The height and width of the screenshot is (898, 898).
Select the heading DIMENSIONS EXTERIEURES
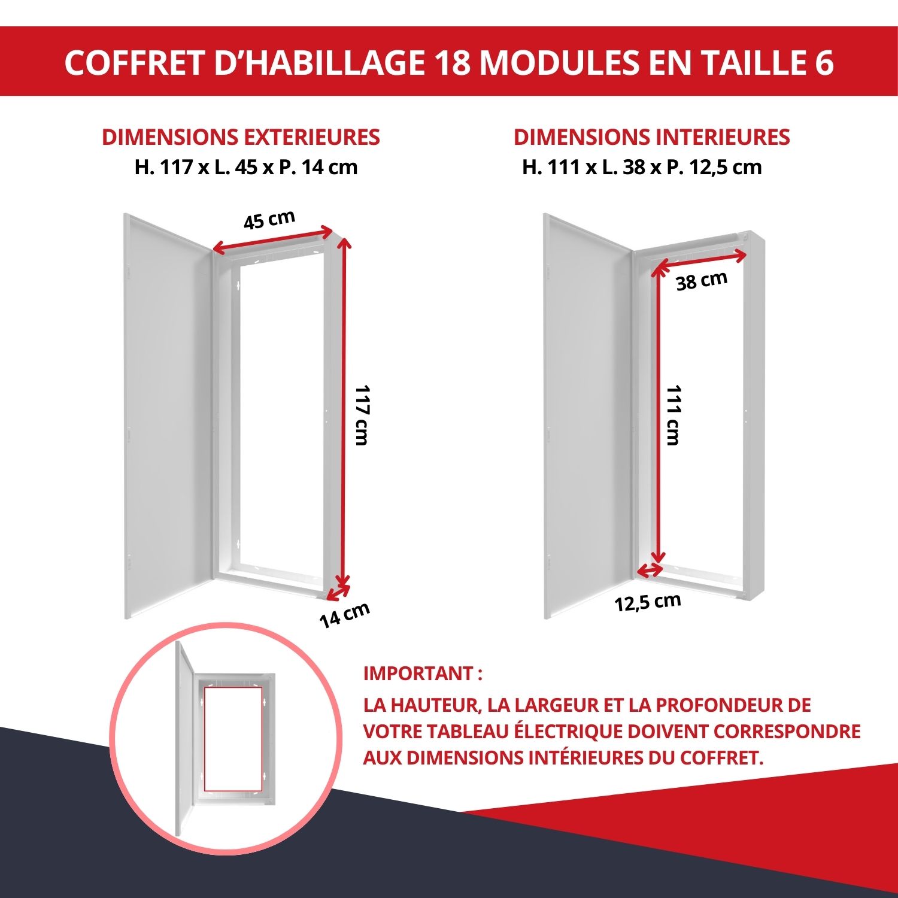(241, 137)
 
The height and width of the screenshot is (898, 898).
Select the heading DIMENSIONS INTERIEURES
(651, 137)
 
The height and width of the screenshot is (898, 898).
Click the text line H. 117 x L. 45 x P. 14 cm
(246, 167)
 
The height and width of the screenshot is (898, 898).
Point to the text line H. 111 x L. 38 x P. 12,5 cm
(642, 167)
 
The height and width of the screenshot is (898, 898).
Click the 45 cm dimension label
(269, 220)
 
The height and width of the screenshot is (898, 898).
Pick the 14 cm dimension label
(344, 615)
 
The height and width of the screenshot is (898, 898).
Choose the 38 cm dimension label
(702, 281)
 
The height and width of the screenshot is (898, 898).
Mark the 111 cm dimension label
(674, 415)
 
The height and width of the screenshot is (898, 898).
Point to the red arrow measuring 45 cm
(272, 239)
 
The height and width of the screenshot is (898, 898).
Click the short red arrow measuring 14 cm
(338, 592)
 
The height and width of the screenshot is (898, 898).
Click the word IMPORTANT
(418, 673)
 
